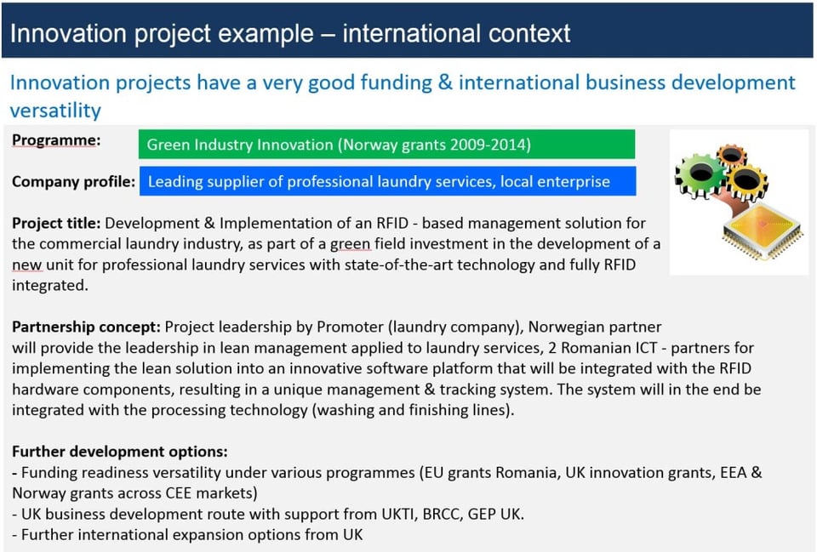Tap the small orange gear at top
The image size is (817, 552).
pos(732,154)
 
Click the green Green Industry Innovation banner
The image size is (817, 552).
pos(386,145)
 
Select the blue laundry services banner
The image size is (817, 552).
pos(388,181)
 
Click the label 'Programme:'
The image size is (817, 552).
pos(56,140)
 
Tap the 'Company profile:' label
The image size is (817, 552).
pos(73,181)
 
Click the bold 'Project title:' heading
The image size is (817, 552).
pos(56,223)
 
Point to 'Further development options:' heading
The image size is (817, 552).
pos(120,451)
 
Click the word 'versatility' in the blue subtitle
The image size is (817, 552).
pos(55,111)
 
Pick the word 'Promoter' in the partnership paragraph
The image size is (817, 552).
pos(350,327)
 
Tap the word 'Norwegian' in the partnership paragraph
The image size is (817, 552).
pos(557,327)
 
